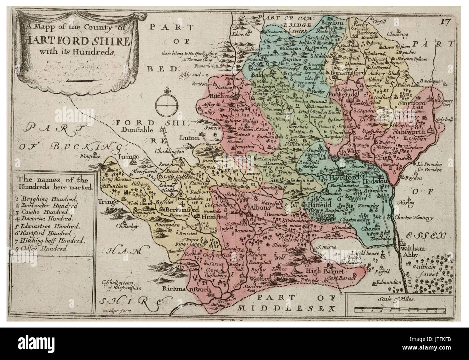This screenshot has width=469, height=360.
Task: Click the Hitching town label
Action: [214, 97]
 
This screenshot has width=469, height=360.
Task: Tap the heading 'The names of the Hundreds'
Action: [53, 183]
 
